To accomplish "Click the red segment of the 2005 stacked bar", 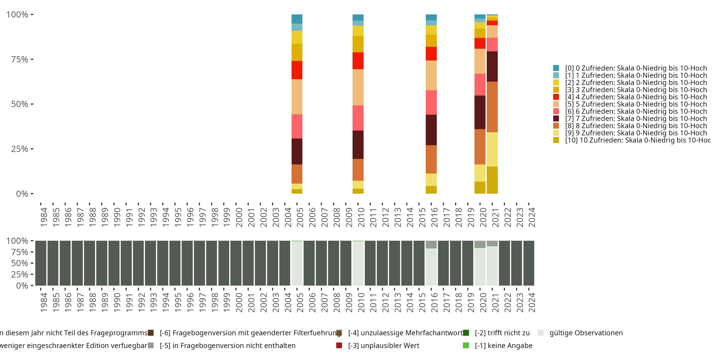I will (x=297, y=70).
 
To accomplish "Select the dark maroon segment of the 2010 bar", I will (x=358, y=144).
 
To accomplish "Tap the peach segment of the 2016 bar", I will (x=431, y=75).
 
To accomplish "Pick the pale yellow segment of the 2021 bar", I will (x=492, y=149).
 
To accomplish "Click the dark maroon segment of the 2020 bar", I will (x=480, y=112).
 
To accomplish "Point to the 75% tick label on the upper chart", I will (x=20, y=59).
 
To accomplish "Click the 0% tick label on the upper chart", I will (x=22, y=194).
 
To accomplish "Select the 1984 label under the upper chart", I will (x=44, y=217).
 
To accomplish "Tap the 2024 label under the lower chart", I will (x=532, y=302).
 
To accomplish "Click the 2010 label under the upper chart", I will (x=361, y=217).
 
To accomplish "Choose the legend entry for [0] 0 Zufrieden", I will (x=636, y=68).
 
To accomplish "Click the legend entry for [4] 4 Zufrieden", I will (x=636, y=97).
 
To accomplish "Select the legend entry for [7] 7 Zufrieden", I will (x=636, y=119).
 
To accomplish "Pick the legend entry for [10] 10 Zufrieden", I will (x=637, y=140).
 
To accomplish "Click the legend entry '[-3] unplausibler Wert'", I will (x=384, y=345).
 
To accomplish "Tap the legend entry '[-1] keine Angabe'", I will (x=503, y=345).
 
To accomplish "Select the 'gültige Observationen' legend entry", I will (x=586, y=333).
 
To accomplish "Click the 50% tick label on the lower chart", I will (x=20, y=263).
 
